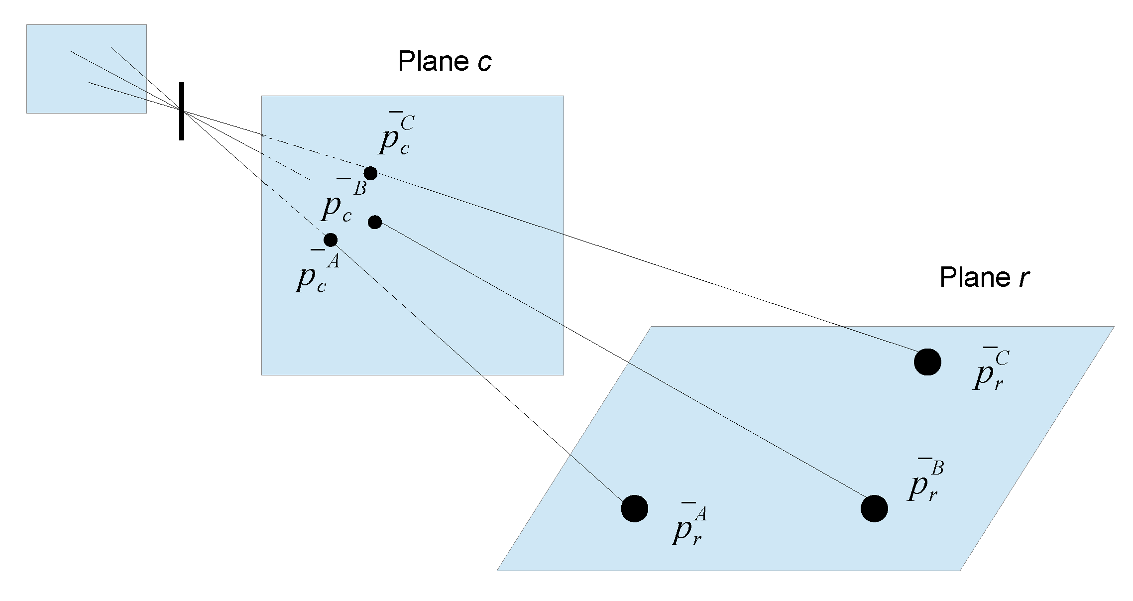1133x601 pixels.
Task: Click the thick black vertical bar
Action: pyautogui.click(x=182, y=112)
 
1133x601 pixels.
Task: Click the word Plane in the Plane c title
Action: pyautogui.click(x=433, y=61)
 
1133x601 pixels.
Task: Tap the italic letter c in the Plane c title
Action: pyautogui.click(x=484, y=62)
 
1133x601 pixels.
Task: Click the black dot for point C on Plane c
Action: pyautogui.click(x=370, y=173)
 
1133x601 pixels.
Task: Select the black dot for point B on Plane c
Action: pyautogui.click(x=375, y=222)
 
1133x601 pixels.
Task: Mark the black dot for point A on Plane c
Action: pyautogui.click(x=331, y=240)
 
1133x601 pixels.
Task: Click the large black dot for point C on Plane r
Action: pyautogui.click(x=927, y=361)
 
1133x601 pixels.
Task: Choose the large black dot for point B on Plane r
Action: pyautogui.click(x=874, y=508)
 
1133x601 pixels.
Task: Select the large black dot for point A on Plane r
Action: pyautogui.click(x=635, y=508)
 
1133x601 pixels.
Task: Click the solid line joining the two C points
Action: pyautogui.click(x=647, y=264)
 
